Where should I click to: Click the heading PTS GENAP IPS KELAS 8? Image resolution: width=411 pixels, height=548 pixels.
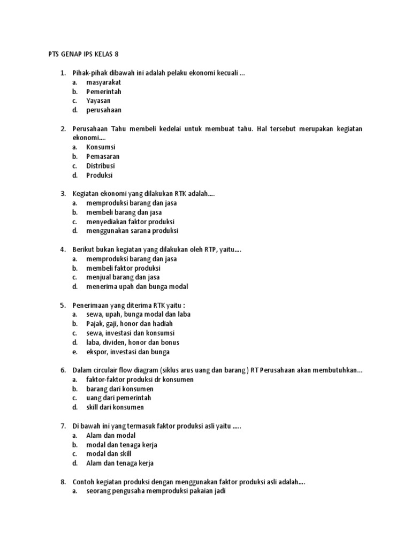tap(85, 55)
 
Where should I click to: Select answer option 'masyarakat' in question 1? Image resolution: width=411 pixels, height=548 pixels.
tap(104, 82)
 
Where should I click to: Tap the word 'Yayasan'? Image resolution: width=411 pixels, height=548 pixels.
tap(99, 101)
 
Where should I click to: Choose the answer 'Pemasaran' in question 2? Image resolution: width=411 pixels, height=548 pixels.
tap(103, 156)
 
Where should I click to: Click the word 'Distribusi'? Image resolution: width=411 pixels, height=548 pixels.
tap(101, 166)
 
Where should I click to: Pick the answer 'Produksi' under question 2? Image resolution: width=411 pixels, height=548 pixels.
tap(100, 175)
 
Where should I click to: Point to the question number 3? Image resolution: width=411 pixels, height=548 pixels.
tap(63, 194)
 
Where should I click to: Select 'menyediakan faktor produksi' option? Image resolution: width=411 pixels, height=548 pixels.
tap(131, 222)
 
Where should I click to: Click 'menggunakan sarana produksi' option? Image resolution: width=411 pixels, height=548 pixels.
tap(132, 231)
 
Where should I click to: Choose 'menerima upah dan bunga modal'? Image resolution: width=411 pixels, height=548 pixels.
tap(137, 286)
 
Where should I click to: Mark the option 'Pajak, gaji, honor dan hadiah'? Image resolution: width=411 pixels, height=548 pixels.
tap(130, 324)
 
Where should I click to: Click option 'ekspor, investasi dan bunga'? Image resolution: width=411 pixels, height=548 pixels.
tap(128, 352)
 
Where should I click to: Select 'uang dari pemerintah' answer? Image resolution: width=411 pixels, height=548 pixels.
tap(119, 398)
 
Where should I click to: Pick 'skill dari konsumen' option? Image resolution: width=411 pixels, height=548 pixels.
tap(115, 407)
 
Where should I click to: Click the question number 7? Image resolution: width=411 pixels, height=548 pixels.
tap(63, 426)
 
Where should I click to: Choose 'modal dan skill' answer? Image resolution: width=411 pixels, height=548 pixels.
tap(109, 454)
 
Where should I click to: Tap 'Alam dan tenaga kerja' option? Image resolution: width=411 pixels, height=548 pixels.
tap(120, 463)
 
